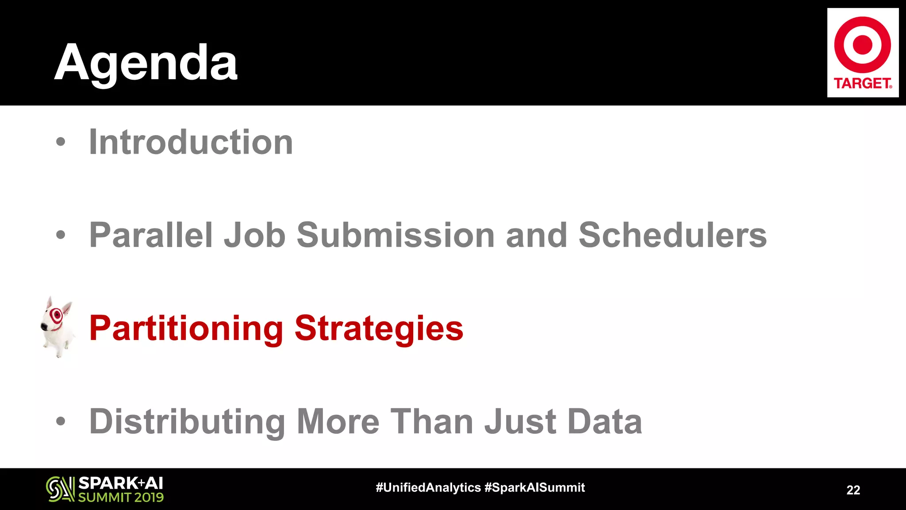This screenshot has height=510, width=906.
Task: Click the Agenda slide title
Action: (x=146, y=63)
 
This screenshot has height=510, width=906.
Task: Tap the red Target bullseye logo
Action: (x=862, y=45)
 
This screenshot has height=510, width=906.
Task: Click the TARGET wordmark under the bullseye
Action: (x=862, y=83)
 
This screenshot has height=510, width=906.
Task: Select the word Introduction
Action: (x=191, y=142)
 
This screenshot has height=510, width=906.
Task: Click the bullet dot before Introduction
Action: (x=61, y=142)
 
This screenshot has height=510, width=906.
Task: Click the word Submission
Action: (x=395, y=235)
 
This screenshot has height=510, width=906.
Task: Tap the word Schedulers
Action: (x=672, y=235)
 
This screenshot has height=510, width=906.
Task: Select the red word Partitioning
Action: (x=186, y=328)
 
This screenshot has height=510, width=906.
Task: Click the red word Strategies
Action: (x=379, y=328)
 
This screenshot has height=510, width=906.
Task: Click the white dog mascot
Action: (x=57, y=328)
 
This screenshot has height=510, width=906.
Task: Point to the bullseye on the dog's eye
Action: (x=56, y=315)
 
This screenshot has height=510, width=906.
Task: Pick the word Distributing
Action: (x=187, y=421)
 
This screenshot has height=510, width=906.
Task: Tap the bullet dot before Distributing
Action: (x=61, y=421)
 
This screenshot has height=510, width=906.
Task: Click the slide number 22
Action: (x=853, y=490)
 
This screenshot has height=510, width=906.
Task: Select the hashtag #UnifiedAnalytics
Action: (x=428, y=487)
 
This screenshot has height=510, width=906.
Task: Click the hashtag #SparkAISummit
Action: (x=534, y=487)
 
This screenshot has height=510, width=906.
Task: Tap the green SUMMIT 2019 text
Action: (x=121, y=497)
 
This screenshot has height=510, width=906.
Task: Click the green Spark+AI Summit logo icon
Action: (x=60, y=489)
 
